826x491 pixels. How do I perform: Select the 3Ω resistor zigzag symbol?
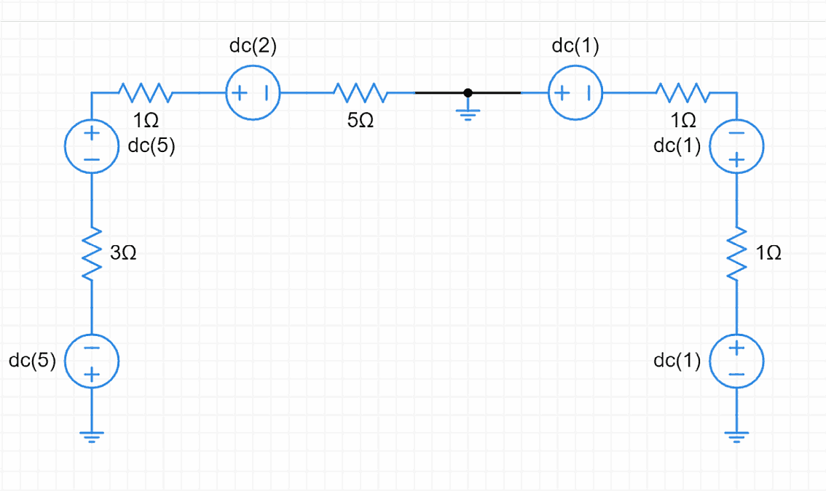click(x=92, y=254)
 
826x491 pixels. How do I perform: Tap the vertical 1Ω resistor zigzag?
click(x=736, y=254)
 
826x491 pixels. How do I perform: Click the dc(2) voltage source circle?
click(x=253, y=93)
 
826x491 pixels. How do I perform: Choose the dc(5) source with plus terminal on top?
click(x=92, y=146)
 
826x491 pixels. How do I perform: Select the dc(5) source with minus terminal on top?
click(x=92, y=362)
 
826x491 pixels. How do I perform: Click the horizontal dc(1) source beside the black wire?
click(x=575, y=93)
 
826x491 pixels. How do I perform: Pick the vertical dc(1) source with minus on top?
click(x=736, y=146)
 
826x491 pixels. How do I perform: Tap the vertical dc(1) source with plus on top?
click(x=736, y=362)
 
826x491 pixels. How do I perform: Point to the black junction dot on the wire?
click(x=468, y=93)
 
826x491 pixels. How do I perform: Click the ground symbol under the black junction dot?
click(x=468, y=113)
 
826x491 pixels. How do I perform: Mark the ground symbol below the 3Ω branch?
click(x=92, y=436)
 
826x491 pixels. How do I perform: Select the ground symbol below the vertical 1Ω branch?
click(x=736, y=436)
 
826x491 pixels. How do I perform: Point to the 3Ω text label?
click(x=123, y=253)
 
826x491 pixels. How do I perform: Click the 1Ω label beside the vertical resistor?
click(x=769, y=253)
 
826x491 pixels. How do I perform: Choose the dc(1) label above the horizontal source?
click(x=575, y=47)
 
